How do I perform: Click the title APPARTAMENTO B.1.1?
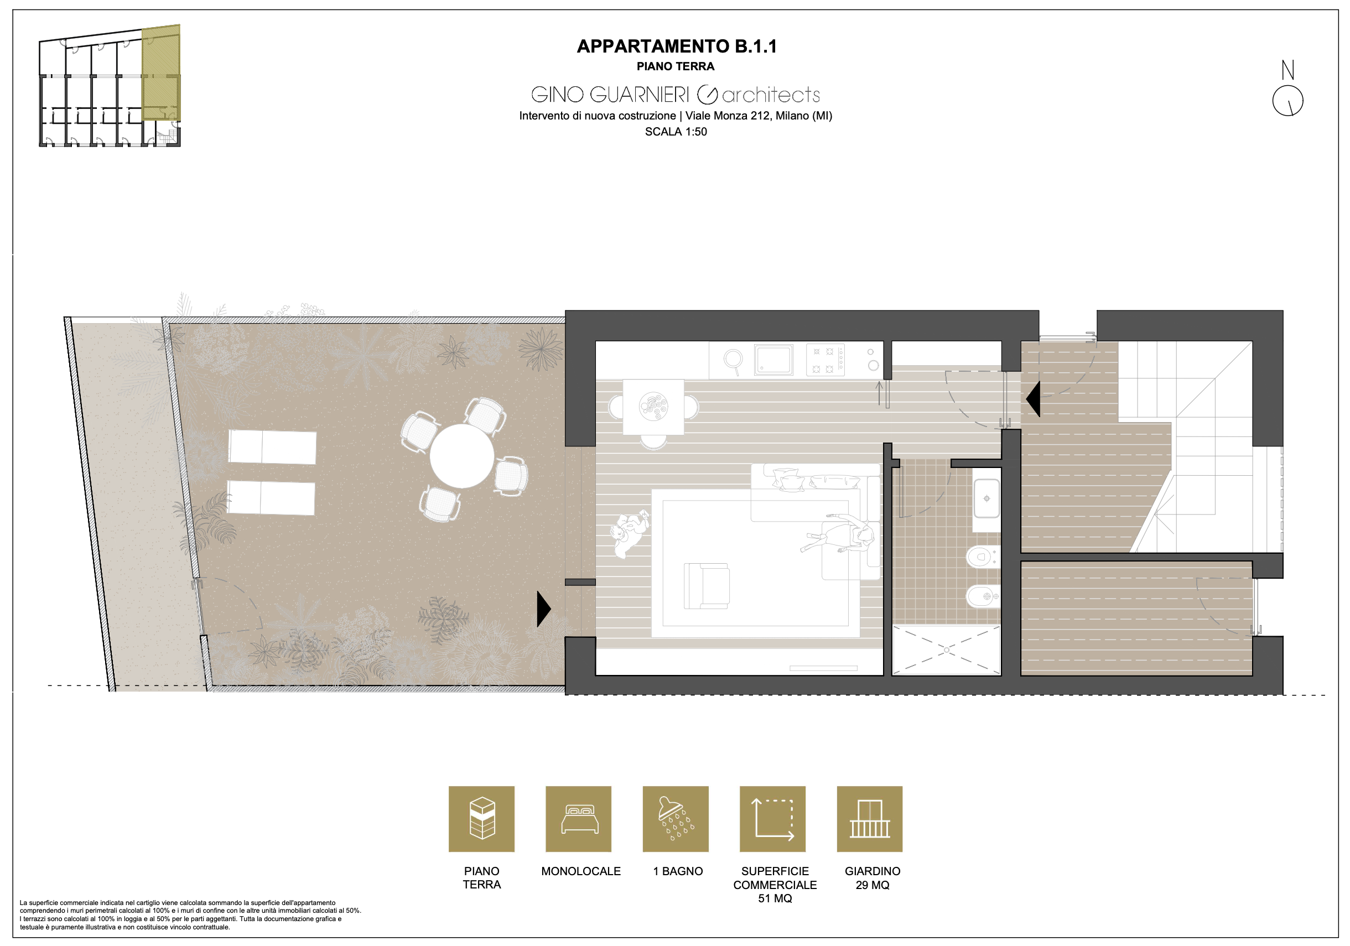[x=676, y=46]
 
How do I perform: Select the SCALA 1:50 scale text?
[x=676, y=132]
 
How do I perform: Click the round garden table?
[x=461, y=456]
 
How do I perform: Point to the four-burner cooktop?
[x=825, y=360]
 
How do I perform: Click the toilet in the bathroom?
[x=983, y=556]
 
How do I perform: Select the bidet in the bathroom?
[x=983, y=597]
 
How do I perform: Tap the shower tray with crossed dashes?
[x=946, y=650]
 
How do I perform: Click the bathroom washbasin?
[x=986, y=498]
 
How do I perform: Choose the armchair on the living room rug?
[x=707, y=586]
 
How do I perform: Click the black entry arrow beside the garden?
[x=544, y=609]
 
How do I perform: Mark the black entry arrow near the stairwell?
[x=1033, y=399]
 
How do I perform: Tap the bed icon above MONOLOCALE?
[x=579, y=819]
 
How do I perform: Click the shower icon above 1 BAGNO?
[x=676, y=819]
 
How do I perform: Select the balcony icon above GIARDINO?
[x=870, y=819]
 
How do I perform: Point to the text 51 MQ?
[x=775, y=898]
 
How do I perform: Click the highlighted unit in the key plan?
[x=161, y=72]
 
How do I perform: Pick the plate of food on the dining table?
[x=653, y=406]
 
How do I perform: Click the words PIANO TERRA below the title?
[x=676, y=66]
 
